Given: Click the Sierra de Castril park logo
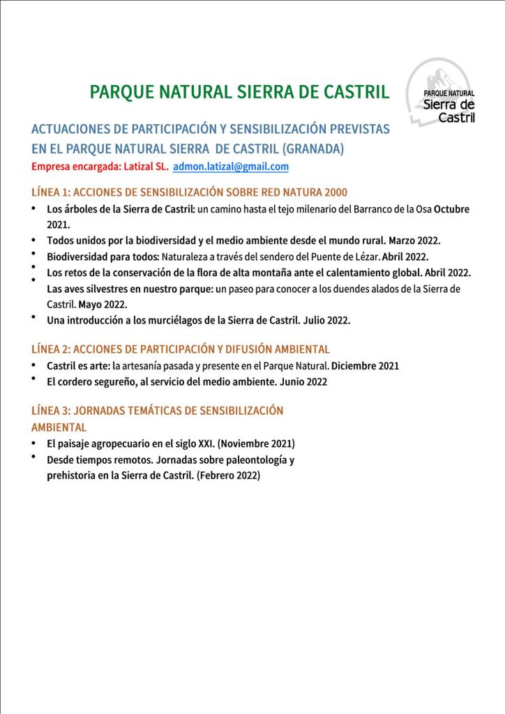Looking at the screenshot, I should point(442,93).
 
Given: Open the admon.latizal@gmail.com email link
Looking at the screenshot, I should point(230,167).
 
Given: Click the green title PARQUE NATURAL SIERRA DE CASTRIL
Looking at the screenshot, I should point(239,91).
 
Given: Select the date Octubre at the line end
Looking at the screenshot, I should point(451,209).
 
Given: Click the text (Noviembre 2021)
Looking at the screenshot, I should point(258,443).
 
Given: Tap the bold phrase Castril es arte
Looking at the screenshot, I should point(77,365).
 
